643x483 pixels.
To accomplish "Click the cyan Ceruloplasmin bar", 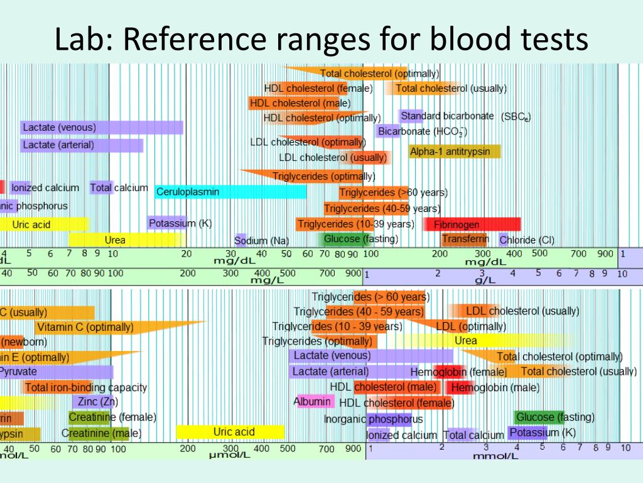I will (x=230, y=192).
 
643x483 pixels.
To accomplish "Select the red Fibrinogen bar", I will (x=472, y=225).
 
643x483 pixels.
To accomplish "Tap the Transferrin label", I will (x=465, y=240).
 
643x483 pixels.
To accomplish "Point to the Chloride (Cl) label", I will (x=527, y=240).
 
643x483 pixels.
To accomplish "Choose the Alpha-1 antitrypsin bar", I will (x=455, y=152).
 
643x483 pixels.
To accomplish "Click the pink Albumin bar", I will (x=312, y=401).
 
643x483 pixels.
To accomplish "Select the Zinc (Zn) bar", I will (x=95, y=402).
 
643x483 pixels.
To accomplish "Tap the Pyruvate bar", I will (x=57, y=372).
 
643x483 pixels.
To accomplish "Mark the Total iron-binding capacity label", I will (x=85, y=387).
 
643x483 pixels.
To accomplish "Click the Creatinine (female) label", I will (x=112, y=417).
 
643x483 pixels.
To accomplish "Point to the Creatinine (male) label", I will (x=101, y=433).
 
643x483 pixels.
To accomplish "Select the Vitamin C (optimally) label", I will (x=85, y=327).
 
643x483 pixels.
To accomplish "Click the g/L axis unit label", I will (x=485, y=280).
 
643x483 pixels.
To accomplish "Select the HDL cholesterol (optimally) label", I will (x=322, y=118).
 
